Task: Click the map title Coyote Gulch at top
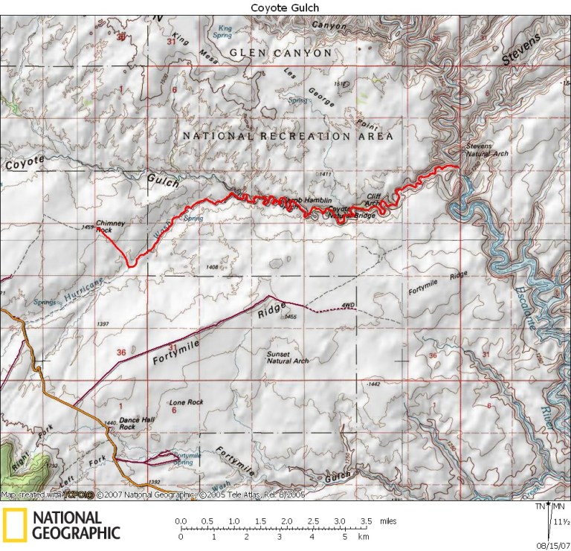point(285,7)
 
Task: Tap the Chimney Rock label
point(110,226)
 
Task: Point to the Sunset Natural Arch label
point(288,358)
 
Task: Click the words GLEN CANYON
point(280,54)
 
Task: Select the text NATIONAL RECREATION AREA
point(288,137)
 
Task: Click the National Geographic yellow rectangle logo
point(15,525)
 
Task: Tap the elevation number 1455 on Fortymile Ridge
point(291,318)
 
